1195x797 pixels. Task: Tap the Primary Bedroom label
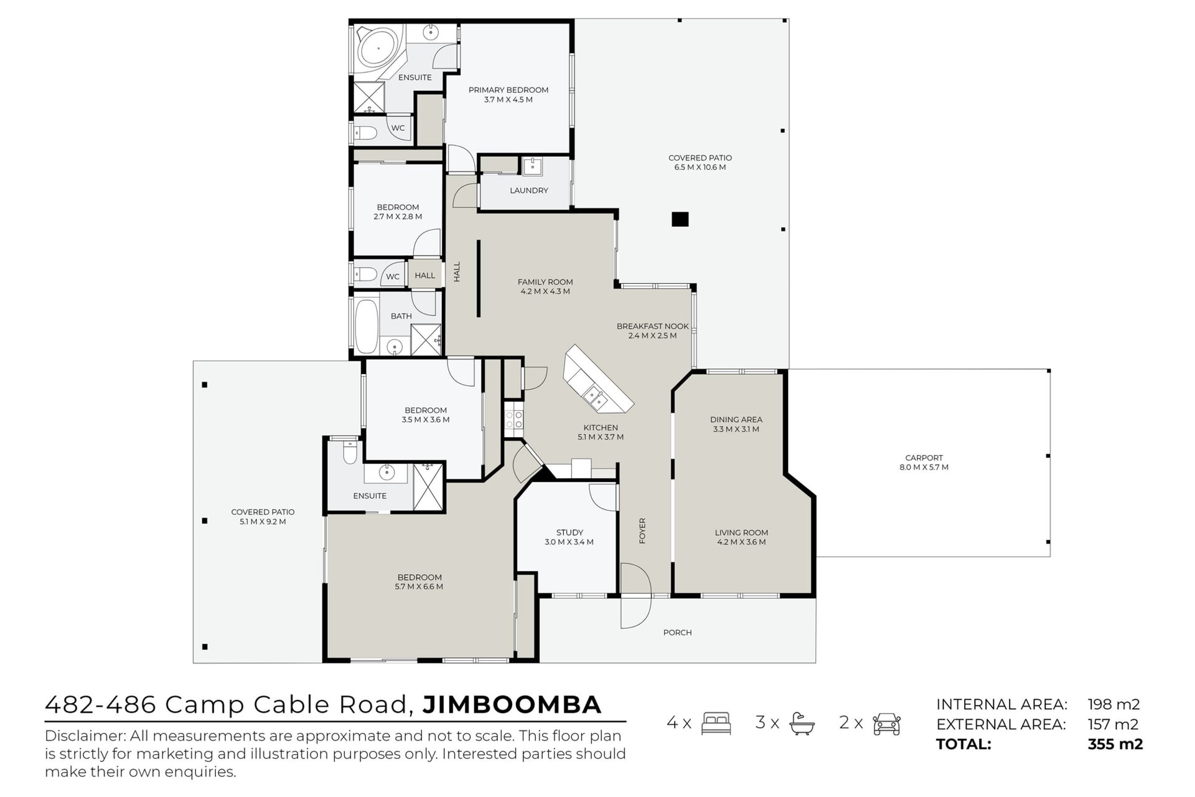pos(508,90)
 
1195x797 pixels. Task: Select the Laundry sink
pos(532,166)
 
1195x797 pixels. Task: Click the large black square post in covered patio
pos(680,219)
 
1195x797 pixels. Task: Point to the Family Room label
pos(545,281)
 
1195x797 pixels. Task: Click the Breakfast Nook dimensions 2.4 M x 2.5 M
pos(652,336)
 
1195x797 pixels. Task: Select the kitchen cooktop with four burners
pos(514,420)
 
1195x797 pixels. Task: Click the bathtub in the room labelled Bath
pos(366,326)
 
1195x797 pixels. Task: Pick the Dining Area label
pos(736,420)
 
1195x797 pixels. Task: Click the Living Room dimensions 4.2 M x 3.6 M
pos(741,542)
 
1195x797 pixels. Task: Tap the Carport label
pos(924,458)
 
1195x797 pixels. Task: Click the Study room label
pos(569,532)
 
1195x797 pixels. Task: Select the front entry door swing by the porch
pos(635,596)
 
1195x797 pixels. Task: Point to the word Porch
pos(677,633)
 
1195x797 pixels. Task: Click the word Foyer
pos(642,531)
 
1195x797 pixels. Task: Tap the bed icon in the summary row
pos(716,724)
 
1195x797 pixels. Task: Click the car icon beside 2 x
pos(886,724)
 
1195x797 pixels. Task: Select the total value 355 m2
pos(1115,744)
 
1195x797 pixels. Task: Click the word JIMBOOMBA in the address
pos(512,705)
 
